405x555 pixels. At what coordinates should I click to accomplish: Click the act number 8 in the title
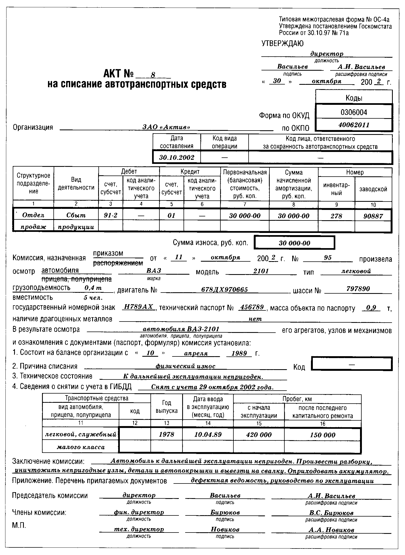click(x=153, y=75)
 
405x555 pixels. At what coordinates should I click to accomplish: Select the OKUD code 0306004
click(x=354, y=112)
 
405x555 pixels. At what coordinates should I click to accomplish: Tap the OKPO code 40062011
click(x=354, y=125)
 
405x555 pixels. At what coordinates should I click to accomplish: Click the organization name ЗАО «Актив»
click(x=166, y=127)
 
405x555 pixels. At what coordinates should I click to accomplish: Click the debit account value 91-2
click(x=111, y=216)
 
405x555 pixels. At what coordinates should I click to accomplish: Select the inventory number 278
click(x=336, y=216)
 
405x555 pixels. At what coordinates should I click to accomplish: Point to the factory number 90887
click(x=373, y=216)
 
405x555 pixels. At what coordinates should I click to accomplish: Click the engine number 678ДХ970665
click(x=224, y=290)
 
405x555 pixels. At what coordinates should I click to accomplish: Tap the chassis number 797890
click(x=358, y=289)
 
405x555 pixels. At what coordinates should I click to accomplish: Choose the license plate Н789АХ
click(x=139, y=307)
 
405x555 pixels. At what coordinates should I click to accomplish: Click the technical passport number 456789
click(x=252, y=307)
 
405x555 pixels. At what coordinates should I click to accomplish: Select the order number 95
click(x=328, y=258)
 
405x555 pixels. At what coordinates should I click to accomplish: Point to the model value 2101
click(x=261, y=271)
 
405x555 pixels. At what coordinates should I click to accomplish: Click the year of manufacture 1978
click(x=166, y=435)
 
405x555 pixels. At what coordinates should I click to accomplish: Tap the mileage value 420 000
click(x=259, y=435)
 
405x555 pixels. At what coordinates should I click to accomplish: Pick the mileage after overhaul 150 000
click(x=323, y=435)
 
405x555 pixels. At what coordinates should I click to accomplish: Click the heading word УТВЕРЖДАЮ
click(x=282, y=43)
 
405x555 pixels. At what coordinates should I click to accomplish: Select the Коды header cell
click(x=354, y=98)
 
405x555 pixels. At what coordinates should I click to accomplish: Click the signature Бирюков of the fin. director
click(x=225, y=512)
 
